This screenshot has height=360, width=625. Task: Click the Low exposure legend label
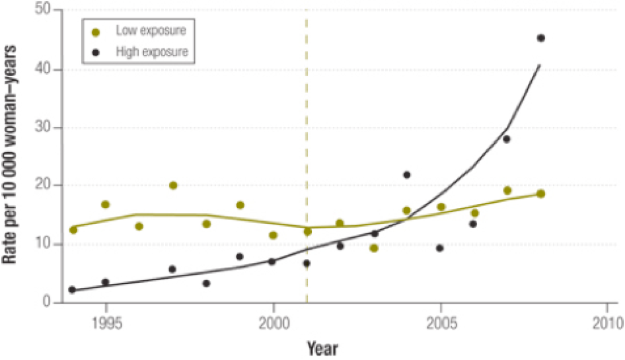(151, 30)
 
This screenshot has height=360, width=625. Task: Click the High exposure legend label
(151, 51)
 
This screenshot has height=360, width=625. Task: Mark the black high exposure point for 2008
(540, 38)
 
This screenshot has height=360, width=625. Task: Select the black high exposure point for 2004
(407, 175)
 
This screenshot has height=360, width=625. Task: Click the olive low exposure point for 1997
(172, 186)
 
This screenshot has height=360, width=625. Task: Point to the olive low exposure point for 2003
(374, 248)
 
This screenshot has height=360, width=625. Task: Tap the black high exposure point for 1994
(72, 289)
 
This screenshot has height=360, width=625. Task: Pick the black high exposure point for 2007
(507, 139)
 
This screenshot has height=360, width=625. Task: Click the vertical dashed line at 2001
(307, 132)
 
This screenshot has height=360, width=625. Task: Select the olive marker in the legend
(96, 31)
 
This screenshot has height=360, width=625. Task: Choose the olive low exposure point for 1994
(73, 230)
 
